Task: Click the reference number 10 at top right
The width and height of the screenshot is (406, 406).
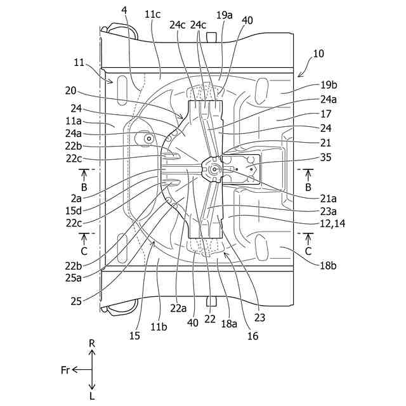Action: (x=318, y=54)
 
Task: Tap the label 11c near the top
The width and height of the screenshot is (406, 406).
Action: (x=152, y=13)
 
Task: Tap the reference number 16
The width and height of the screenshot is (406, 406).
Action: (x=253, y=336)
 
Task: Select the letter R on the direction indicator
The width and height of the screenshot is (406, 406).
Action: (x=92, y=343)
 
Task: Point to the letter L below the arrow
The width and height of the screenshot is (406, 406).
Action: (x=92, y=396)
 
